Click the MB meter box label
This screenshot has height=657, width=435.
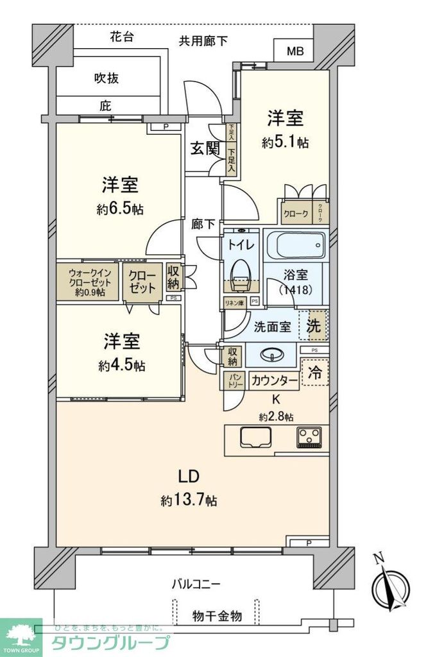tap(295, 51)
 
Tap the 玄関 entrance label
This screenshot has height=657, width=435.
tap(205, 149)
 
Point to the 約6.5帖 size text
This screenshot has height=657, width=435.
tap(121, 209)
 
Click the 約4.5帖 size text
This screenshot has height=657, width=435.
tap(121, 366)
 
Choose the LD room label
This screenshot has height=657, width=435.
tap(190, 477)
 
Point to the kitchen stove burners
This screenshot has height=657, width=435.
tap(311, 438)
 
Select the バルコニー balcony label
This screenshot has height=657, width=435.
tap(196, 584)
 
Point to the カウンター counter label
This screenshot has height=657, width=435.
tap(274, 381)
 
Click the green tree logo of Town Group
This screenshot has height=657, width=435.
tap(21, 636)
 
